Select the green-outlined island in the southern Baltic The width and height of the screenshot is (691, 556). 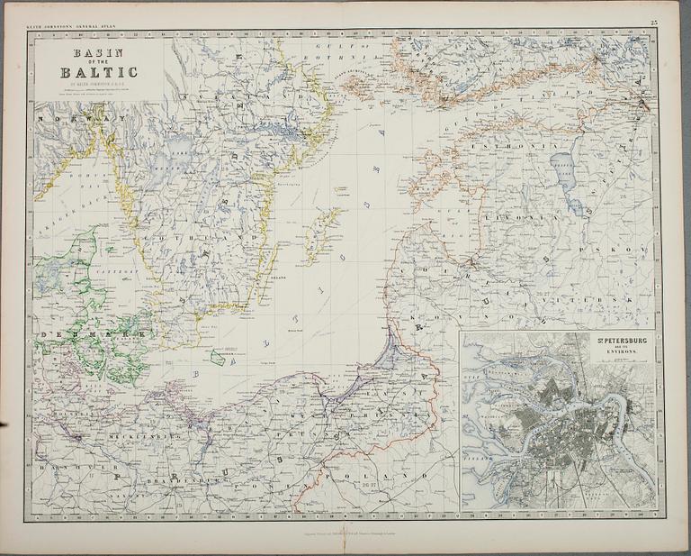[x=217, y=357]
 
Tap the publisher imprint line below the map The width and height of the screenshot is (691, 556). [x=345, y=534]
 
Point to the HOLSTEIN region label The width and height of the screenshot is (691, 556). [x=57, y=416]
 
